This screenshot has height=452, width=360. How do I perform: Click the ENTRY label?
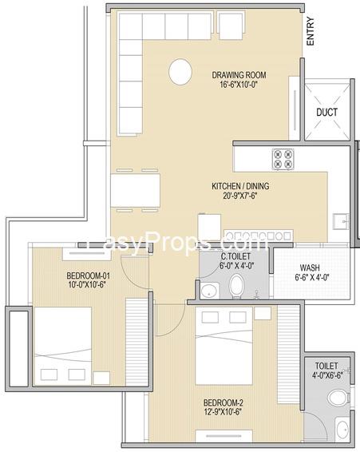(x=311, y=31)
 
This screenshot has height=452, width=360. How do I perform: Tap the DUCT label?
(x=326, y=112)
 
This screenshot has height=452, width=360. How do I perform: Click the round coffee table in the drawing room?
(x=180, y=72)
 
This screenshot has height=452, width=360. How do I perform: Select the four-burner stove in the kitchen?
(x=283, y=159)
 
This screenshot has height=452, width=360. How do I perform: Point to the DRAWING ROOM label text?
(x=239, y=75)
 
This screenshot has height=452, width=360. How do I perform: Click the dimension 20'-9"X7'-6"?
(x=239, y=196)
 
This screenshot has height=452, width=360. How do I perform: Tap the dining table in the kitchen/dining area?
(x=136, y=190)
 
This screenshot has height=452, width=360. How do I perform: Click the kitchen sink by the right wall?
(x=341, y=221)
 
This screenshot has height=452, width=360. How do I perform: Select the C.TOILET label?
(x=235, y=256)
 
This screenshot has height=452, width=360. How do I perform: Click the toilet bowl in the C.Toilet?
(x=236, y=286)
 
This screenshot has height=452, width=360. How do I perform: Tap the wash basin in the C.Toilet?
(x=210, y=291)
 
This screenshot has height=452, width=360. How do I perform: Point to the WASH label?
(x=310, y=268)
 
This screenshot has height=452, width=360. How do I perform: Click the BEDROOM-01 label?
(x=88, y=276)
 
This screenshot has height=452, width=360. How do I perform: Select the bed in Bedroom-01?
(x=63, y=346)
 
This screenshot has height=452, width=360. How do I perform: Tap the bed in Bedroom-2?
(x=224, y=345)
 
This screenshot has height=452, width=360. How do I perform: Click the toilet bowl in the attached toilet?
(x=338, y=398)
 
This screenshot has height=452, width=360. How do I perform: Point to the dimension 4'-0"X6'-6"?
(x=326, y=375)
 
